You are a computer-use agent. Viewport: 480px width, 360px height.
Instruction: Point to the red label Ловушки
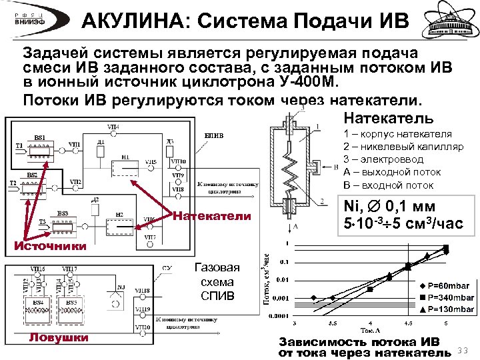(58, 337)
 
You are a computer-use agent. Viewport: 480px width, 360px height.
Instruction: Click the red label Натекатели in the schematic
(212, 216)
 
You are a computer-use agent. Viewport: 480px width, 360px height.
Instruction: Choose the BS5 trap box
(69, 306)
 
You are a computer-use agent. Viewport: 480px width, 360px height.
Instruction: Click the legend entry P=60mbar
(445, 285)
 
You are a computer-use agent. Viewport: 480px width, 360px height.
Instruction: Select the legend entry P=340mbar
(448, 297)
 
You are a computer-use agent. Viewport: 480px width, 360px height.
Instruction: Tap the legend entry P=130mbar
(448, 309)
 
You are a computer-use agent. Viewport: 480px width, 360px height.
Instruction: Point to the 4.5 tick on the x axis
(408, 322)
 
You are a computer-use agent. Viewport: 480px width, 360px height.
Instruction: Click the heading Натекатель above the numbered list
(389, 119)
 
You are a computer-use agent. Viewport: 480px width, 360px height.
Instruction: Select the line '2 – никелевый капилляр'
(397, 147)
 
